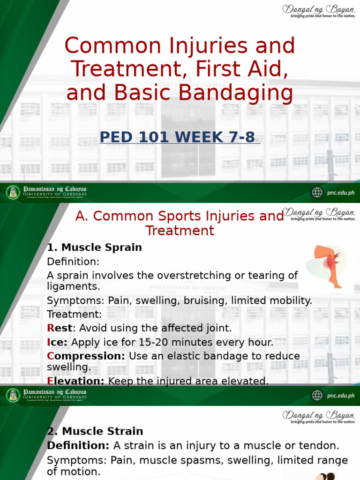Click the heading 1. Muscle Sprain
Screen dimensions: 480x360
tap(94, 247)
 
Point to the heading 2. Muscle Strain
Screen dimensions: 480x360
tap(95, 431)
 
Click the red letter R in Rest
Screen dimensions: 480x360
tap(51, 328)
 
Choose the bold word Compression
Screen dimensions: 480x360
tap(86, 356)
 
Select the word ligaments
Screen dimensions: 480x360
tap(74, 286)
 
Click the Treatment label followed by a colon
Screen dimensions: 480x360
tap(74, 314)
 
